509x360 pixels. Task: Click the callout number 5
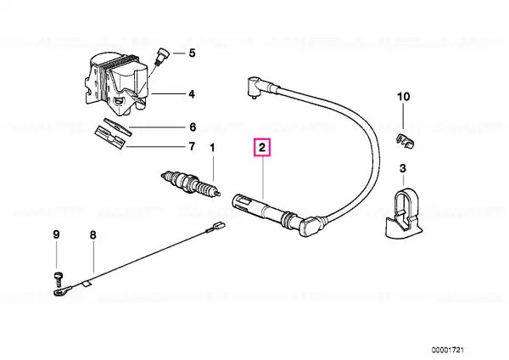coord(192,54)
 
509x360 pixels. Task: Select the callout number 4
coord(192,93)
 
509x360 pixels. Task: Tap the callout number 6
coord(192,126)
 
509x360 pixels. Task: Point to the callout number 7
coord(192,146)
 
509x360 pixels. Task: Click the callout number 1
coord(213,149)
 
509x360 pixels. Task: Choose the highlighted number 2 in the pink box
coord(263,149)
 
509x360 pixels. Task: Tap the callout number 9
coord(57,234)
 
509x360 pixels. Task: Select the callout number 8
coord(92,234)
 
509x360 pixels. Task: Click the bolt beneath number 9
coord(58,277)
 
